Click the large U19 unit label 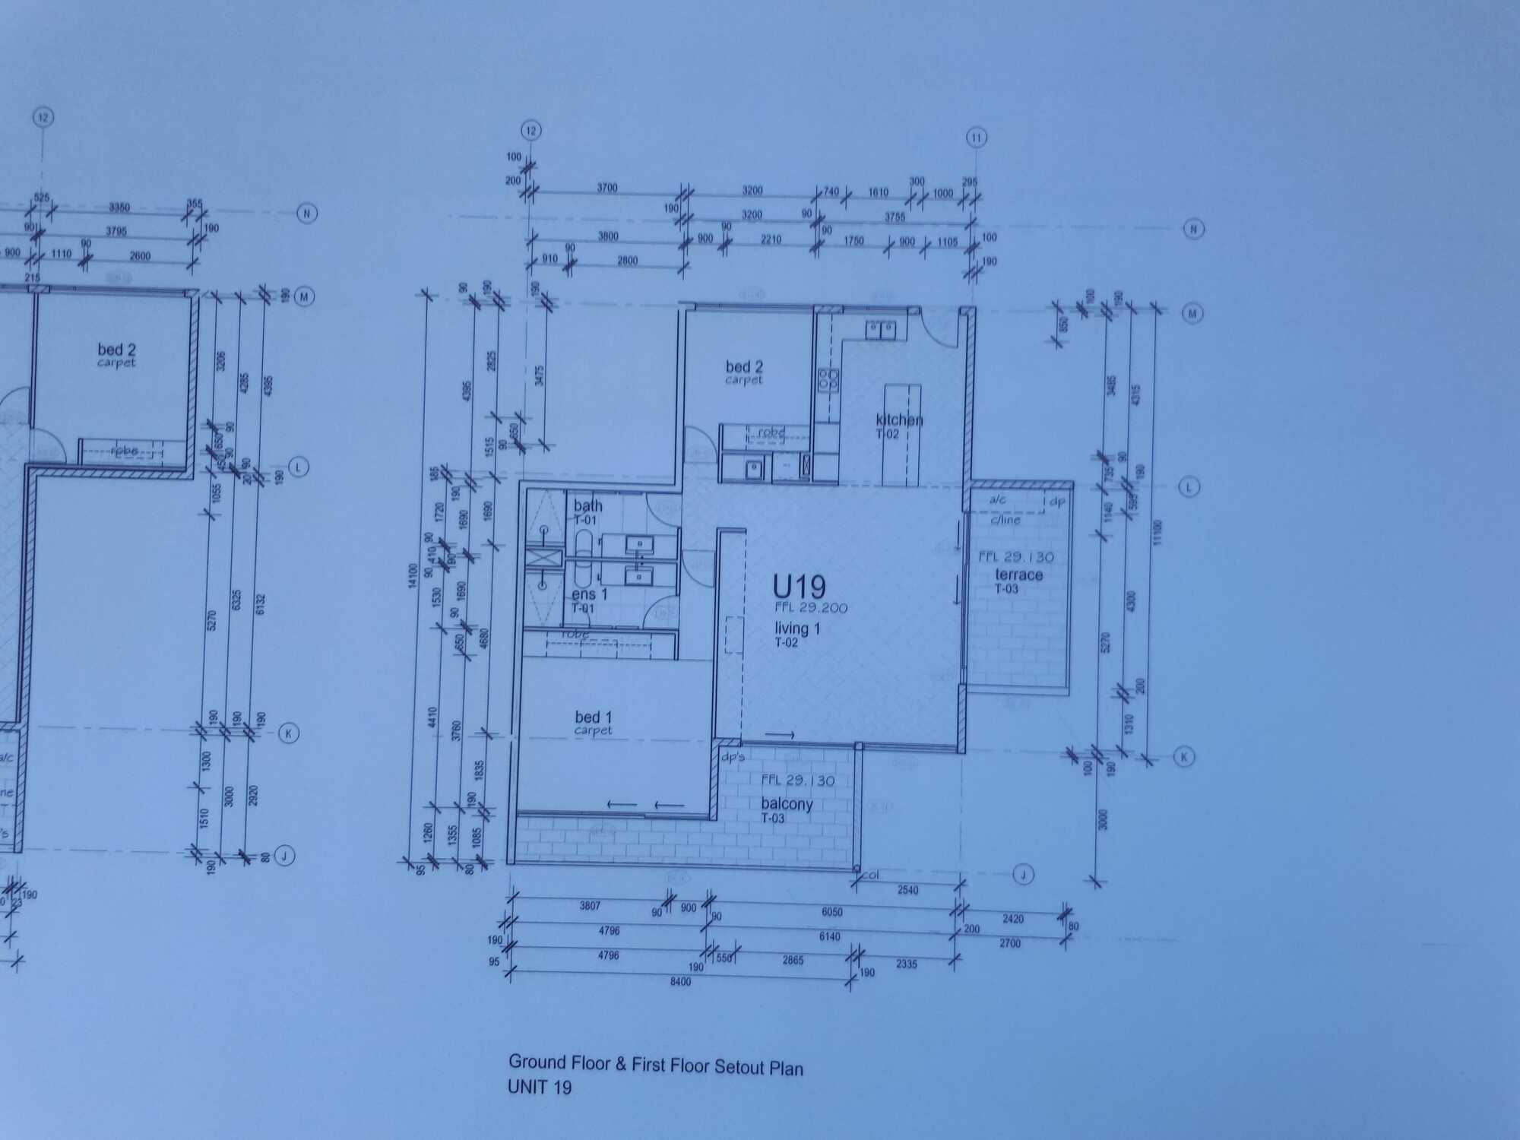point(799,587)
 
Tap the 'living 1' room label point(797,629)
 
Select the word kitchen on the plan point(899,420)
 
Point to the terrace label point(1018,575)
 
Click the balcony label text point(787,804)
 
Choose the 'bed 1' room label point(593,717)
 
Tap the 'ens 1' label point(589,594)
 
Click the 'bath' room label point(587,505)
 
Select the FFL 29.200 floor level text point(810,608)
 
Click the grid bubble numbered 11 point(976,138)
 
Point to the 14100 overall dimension point(413,575)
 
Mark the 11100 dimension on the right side point(1156,531)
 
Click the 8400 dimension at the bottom point(680,982)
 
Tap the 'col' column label point(871,875)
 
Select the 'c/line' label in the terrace point(1005,521)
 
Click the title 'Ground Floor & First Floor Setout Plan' point(655,1065)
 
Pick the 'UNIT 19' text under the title point(539,1088)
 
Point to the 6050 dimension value point(831,912)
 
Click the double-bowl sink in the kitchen point(882,330)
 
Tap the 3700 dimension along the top point(606,188)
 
